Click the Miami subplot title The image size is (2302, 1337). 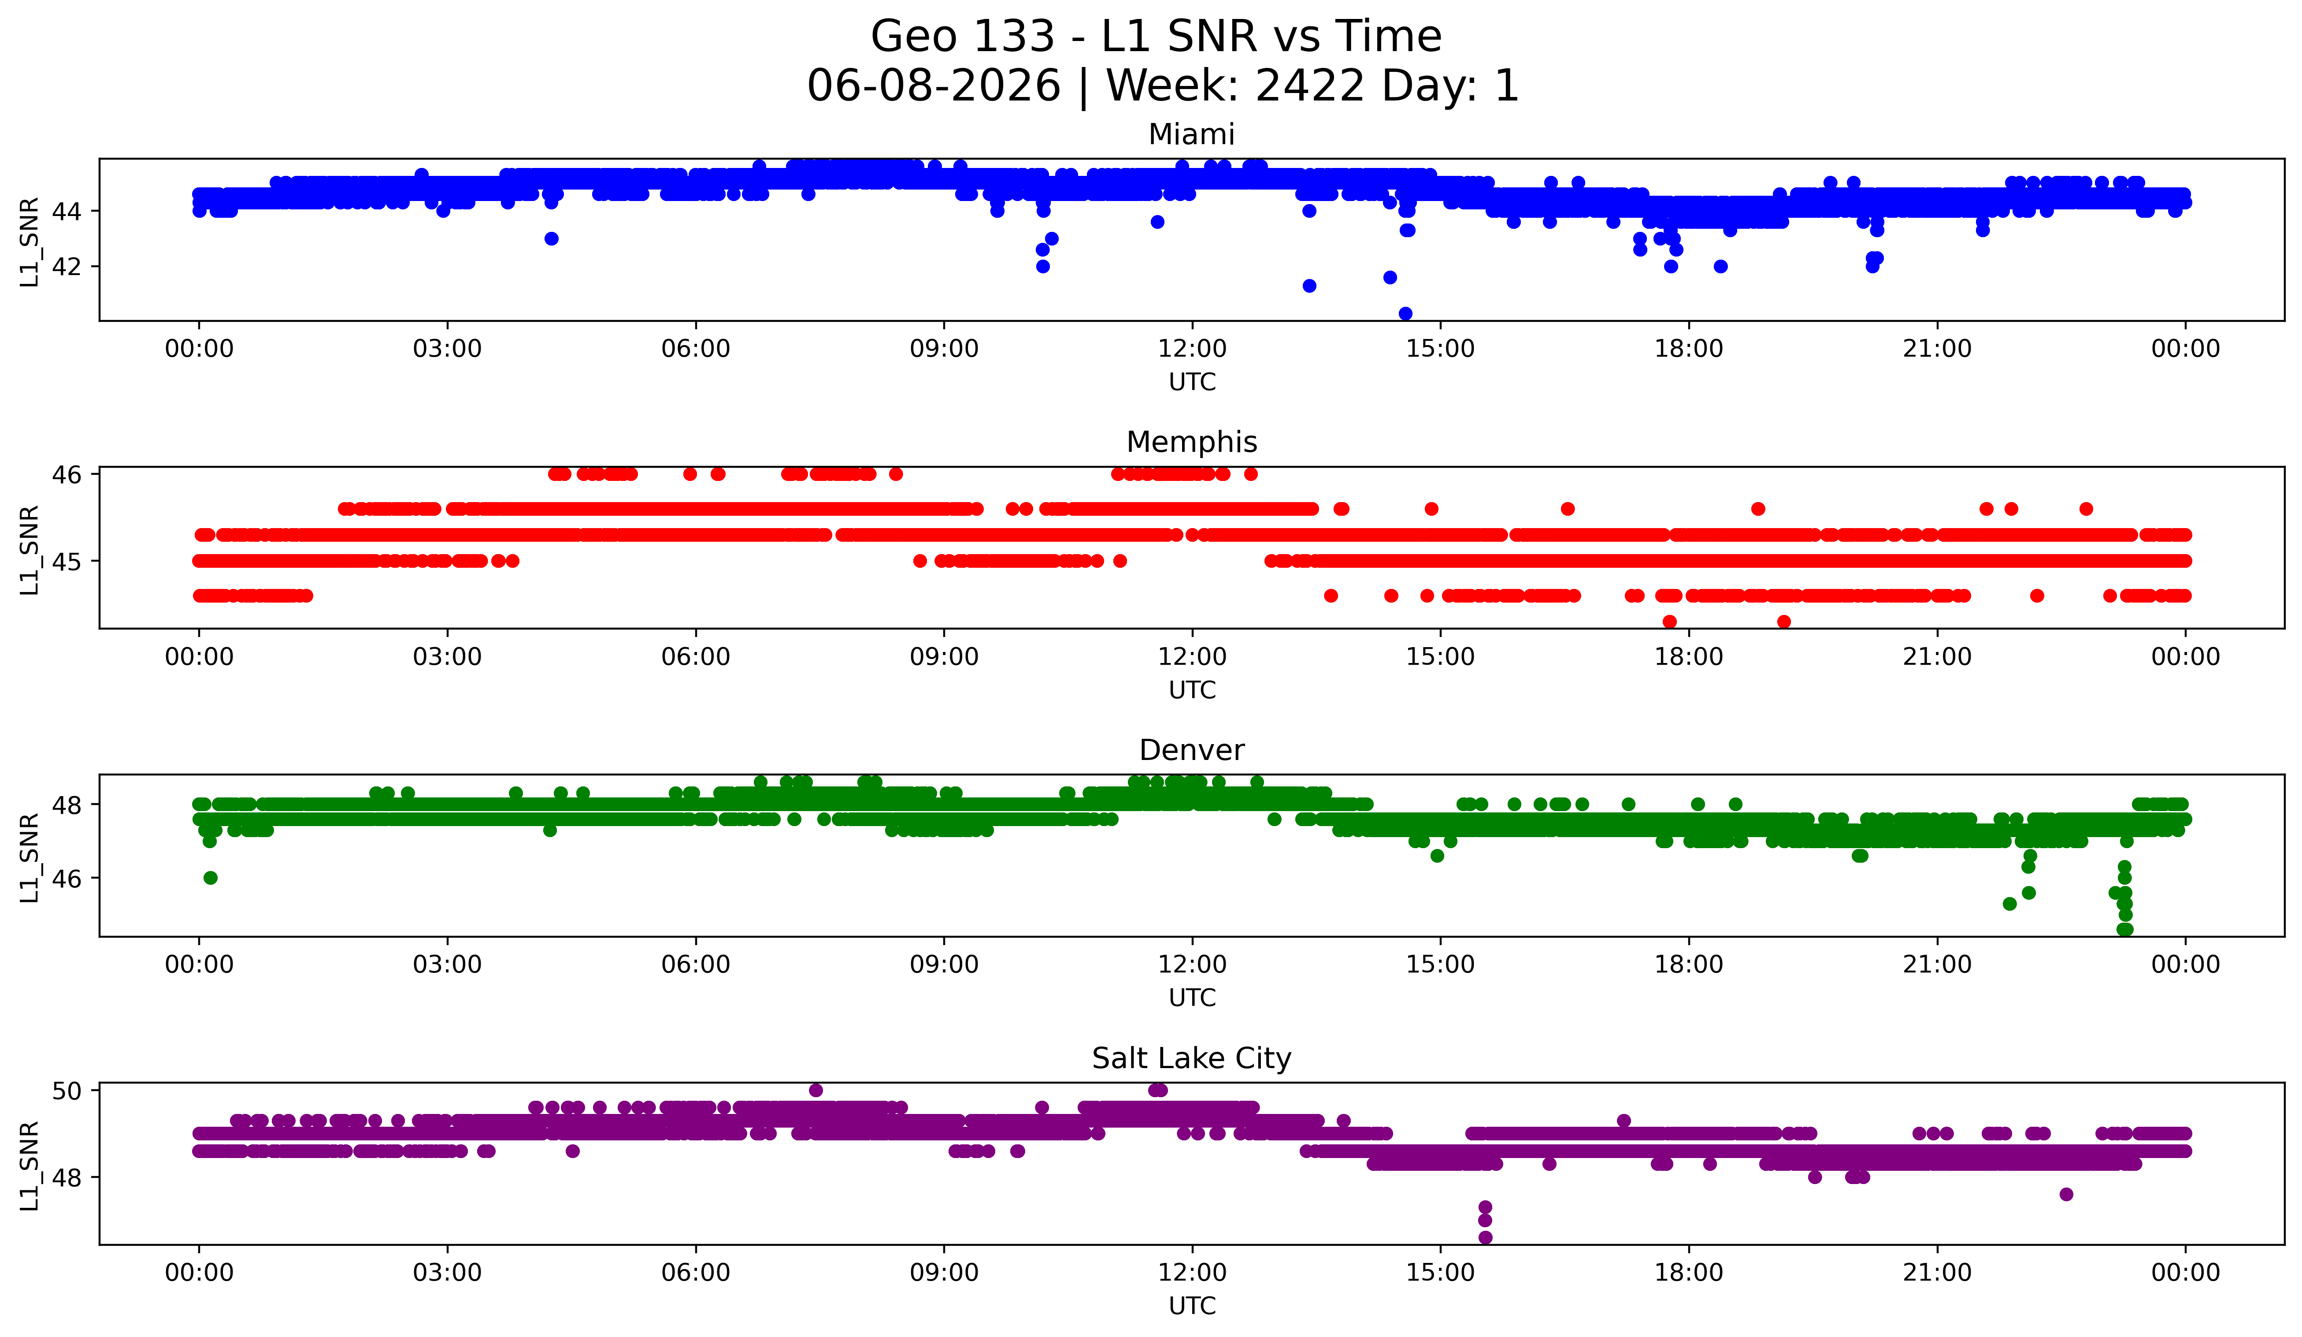point(1191,134)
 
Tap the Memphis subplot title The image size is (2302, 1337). point(1191,442)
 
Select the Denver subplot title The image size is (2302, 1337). point(1191,750)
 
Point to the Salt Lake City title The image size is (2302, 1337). point(1191,1058)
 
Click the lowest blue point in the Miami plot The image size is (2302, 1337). point(1405,313)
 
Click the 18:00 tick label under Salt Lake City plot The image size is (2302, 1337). point(1688,1273)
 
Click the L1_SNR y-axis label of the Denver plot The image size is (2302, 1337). point(29,857)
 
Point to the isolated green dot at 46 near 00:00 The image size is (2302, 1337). point(210,877)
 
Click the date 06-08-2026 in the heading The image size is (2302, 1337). point(934,86)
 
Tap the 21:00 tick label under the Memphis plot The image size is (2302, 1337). point(1937,657)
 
